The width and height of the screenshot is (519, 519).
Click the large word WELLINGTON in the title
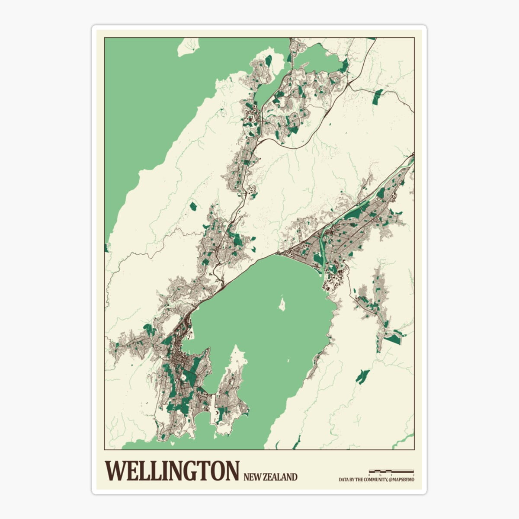[172, 471]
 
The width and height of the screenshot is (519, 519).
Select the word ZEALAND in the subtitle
[282, 477]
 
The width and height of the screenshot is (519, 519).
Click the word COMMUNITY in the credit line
[373, 480]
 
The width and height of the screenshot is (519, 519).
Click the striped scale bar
[391, 471]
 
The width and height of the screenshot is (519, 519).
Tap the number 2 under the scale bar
[413, 475]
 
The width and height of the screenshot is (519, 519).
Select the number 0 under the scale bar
[369, 475]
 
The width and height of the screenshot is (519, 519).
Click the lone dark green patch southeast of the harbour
[362, 376]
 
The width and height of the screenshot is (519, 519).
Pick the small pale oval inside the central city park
[185, 378]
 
